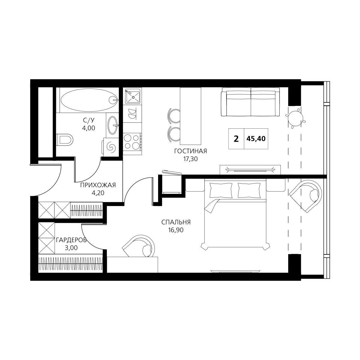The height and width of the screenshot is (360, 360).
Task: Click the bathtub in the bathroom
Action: point(89,100)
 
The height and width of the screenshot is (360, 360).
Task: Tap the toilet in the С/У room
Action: point(65,140)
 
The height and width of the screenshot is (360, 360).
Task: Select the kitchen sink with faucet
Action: point(133,96)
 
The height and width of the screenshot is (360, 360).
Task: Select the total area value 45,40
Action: point(256,139)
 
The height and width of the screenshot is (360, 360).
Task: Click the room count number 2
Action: point(236,139)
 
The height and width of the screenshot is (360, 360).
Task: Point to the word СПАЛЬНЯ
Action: point(176,222)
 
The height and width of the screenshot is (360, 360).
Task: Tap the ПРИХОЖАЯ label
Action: point(98,185)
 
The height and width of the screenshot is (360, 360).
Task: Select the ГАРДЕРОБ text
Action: point(71,240)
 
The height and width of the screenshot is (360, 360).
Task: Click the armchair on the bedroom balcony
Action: point(306,196)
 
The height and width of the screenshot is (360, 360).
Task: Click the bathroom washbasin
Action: point(113,125)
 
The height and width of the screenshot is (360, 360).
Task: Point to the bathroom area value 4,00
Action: point(88,128)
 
